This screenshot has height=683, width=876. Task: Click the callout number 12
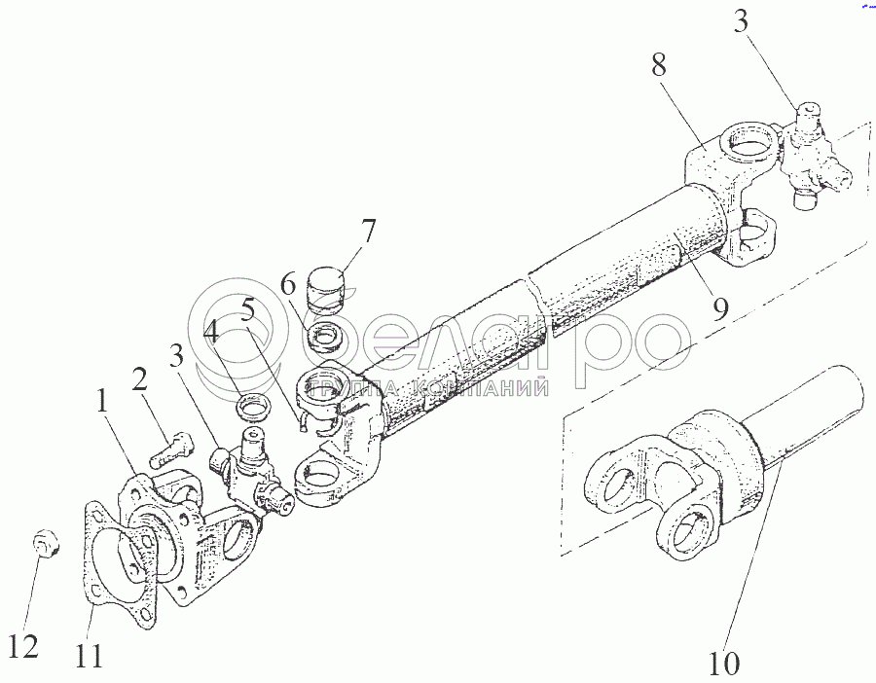click(x=26, y=646)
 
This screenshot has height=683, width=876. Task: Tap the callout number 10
click(x=725, y=665)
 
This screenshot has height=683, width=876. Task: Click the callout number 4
click(x=211, y=337)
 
